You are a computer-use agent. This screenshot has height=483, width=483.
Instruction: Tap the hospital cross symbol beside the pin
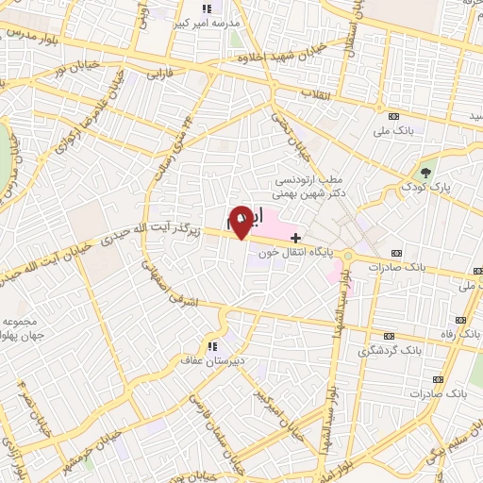295,237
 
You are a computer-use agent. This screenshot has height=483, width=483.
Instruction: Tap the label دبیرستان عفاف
213,359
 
